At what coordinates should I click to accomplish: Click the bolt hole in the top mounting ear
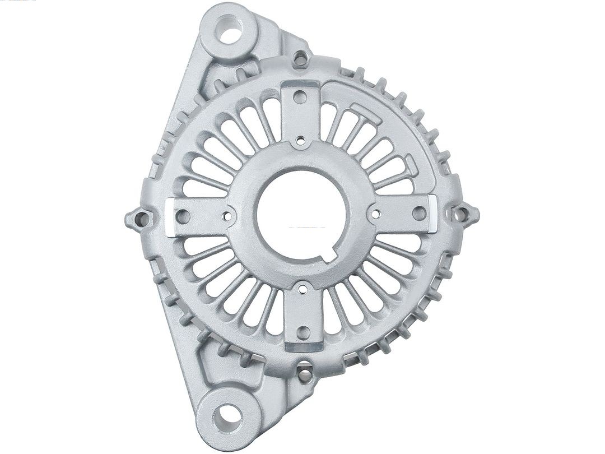231,31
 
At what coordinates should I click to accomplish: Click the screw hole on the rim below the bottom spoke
304,372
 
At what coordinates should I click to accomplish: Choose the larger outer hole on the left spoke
183,216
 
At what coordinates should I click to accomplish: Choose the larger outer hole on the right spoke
418,213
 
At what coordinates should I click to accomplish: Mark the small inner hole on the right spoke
376,214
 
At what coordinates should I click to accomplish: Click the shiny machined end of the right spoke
432,213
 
